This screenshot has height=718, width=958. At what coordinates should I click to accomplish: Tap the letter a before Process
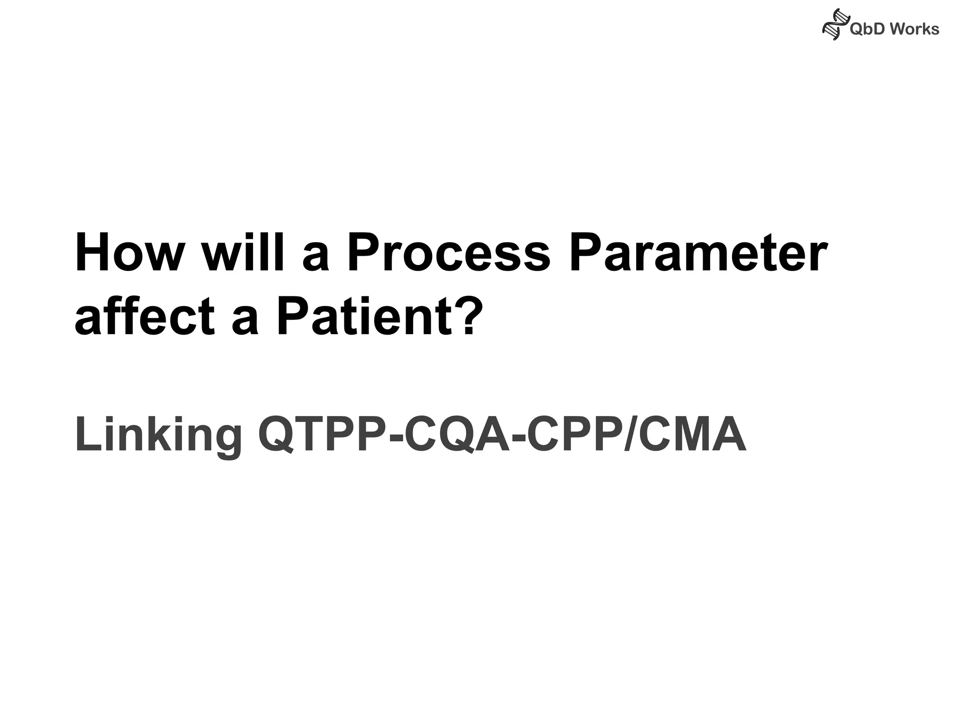tap(316, 259)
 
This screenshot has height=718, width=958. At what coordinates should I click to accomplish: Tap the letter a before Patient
tap(245, 323)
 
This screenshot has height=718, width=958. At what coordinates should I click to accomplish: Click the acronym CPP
tap(575, 435)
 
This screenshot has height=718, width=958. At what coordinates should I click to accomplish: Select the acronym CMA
tap(688, 435)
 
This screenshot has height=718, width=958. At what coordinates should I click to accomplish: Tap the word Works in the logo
tap(914, 29)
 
